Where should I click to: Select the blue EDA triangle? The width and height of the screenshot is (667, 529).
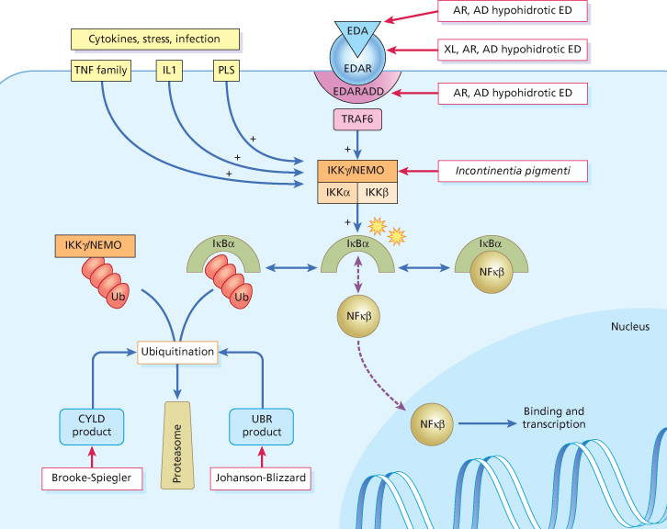click(x=357, y=32)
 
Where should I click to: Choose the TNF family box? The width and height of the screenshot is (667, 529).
click(x=101, y=71)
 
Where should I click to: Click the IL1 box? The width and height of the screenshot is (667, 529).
click(x=171, y=71)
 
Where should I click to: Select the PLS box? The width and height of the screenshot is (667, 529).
click(x=226, y=71)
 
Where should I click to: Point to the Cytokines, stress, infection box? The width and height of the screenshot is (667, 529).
click(x=154, y=39)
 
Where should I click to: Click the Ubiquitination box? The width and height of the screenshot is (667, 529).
click(x=176, y=352)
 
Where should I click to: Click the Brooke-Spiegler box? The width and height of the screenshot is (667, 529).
click(x=92, y=478)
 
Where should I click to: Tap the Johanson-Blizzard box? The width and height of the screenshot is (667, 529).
click(x=260, y=478)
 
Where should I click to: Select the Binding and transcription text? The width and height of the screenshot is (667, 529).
click(x=553, y=418)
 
